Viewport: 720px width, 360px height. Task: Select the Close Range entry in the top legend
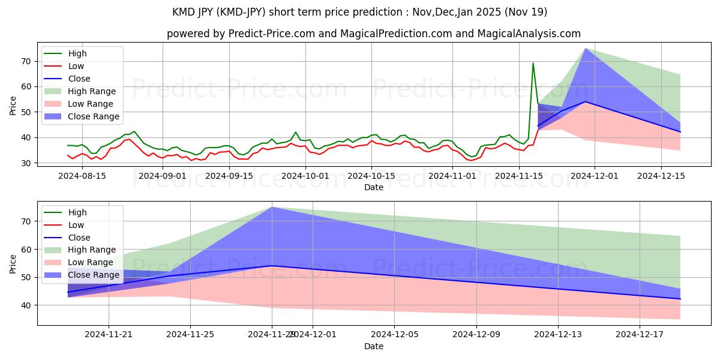point(93,116)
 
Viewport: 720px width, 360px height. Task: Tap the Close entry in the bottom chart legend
point(79,237)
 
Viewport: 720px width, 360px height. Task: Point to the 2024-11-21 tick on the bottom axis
point(109,334)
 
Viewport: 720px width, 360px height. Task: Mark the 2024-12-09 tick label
point(476,334)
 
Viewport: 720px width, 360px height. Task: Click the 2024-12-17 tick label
point(640,334)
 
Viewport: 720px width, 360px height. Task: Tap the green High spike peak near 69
point(533,63)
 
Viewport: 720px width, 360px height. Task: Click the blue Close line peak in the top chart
point(585,101)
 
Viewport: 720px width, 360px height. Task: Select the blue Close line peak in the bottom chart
point(272,266)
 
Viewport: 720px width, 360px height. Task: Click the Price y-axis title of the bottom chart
point(13,263)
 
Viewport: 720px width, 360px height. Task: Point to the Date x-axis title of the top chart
point(374,187)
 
